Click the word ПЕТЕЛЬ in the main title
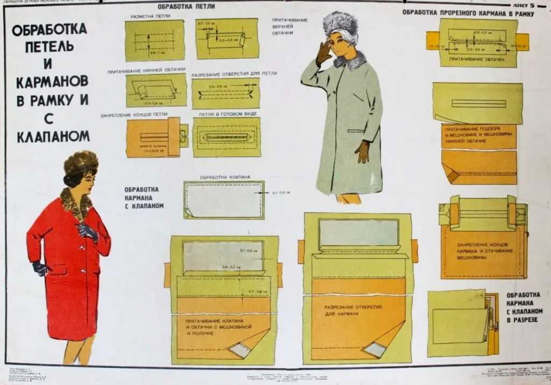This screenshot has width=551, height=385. (50, 46)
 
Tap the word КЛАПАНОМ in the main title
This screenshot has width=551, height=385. (53, 137)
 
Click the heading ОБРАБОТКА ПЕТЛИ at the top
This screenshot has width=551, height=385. (187, 7)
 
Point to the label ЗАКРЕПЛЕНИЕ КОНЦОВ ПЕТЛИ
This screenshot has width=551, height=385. (134, 115)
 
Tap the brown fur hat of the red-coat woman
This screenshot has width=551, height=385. (81, 161)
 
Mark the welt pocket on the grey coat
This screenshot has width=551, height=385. (355, 131)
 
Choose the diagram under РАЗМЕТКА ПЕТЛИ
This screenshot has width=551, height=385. (155, 41)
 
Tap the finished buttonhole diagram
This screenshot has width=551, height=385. (227, 137)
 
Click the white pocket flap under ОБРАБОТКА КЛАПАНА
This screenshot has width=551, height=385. (224, 199)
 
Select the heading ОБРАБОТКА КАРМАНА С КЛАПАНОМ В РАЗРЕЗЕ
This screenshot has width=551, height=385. (523, 307)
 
